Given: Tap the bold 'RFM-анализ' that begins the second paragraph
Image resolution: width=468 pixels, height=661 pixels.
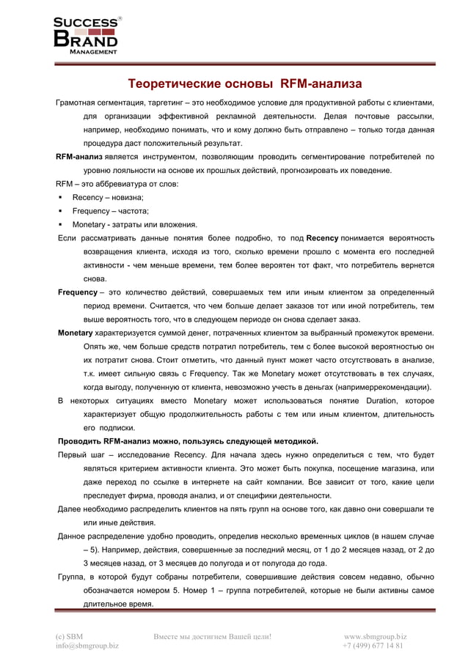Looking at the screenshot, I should point(79,157).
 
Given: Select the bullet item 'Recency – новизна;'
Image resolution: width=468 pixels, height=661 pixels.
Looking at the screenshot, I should point(108,197).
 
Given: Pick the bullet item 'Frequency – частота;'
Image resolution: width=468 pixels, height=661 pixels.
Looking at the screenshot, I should point(110,211).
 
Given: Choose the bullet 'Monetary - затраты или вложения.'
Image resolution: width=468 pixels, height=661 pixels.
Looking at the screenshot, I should point(134,224).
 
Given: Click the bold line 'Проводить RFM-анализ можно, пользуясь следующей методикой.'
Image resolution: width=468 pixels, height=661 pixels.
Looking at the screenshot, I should point(188,441).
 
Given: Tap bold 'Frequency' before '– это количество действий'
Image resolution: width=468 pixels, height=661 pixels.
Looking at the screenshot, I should point(78,292).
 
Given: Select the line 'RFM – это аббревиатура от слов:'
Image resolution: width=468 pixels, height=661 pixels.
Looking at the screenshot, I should point(117,184).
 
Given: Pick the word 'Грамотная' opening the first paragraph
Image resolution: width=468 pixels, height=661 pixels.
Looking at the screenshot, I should point(78,102).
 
